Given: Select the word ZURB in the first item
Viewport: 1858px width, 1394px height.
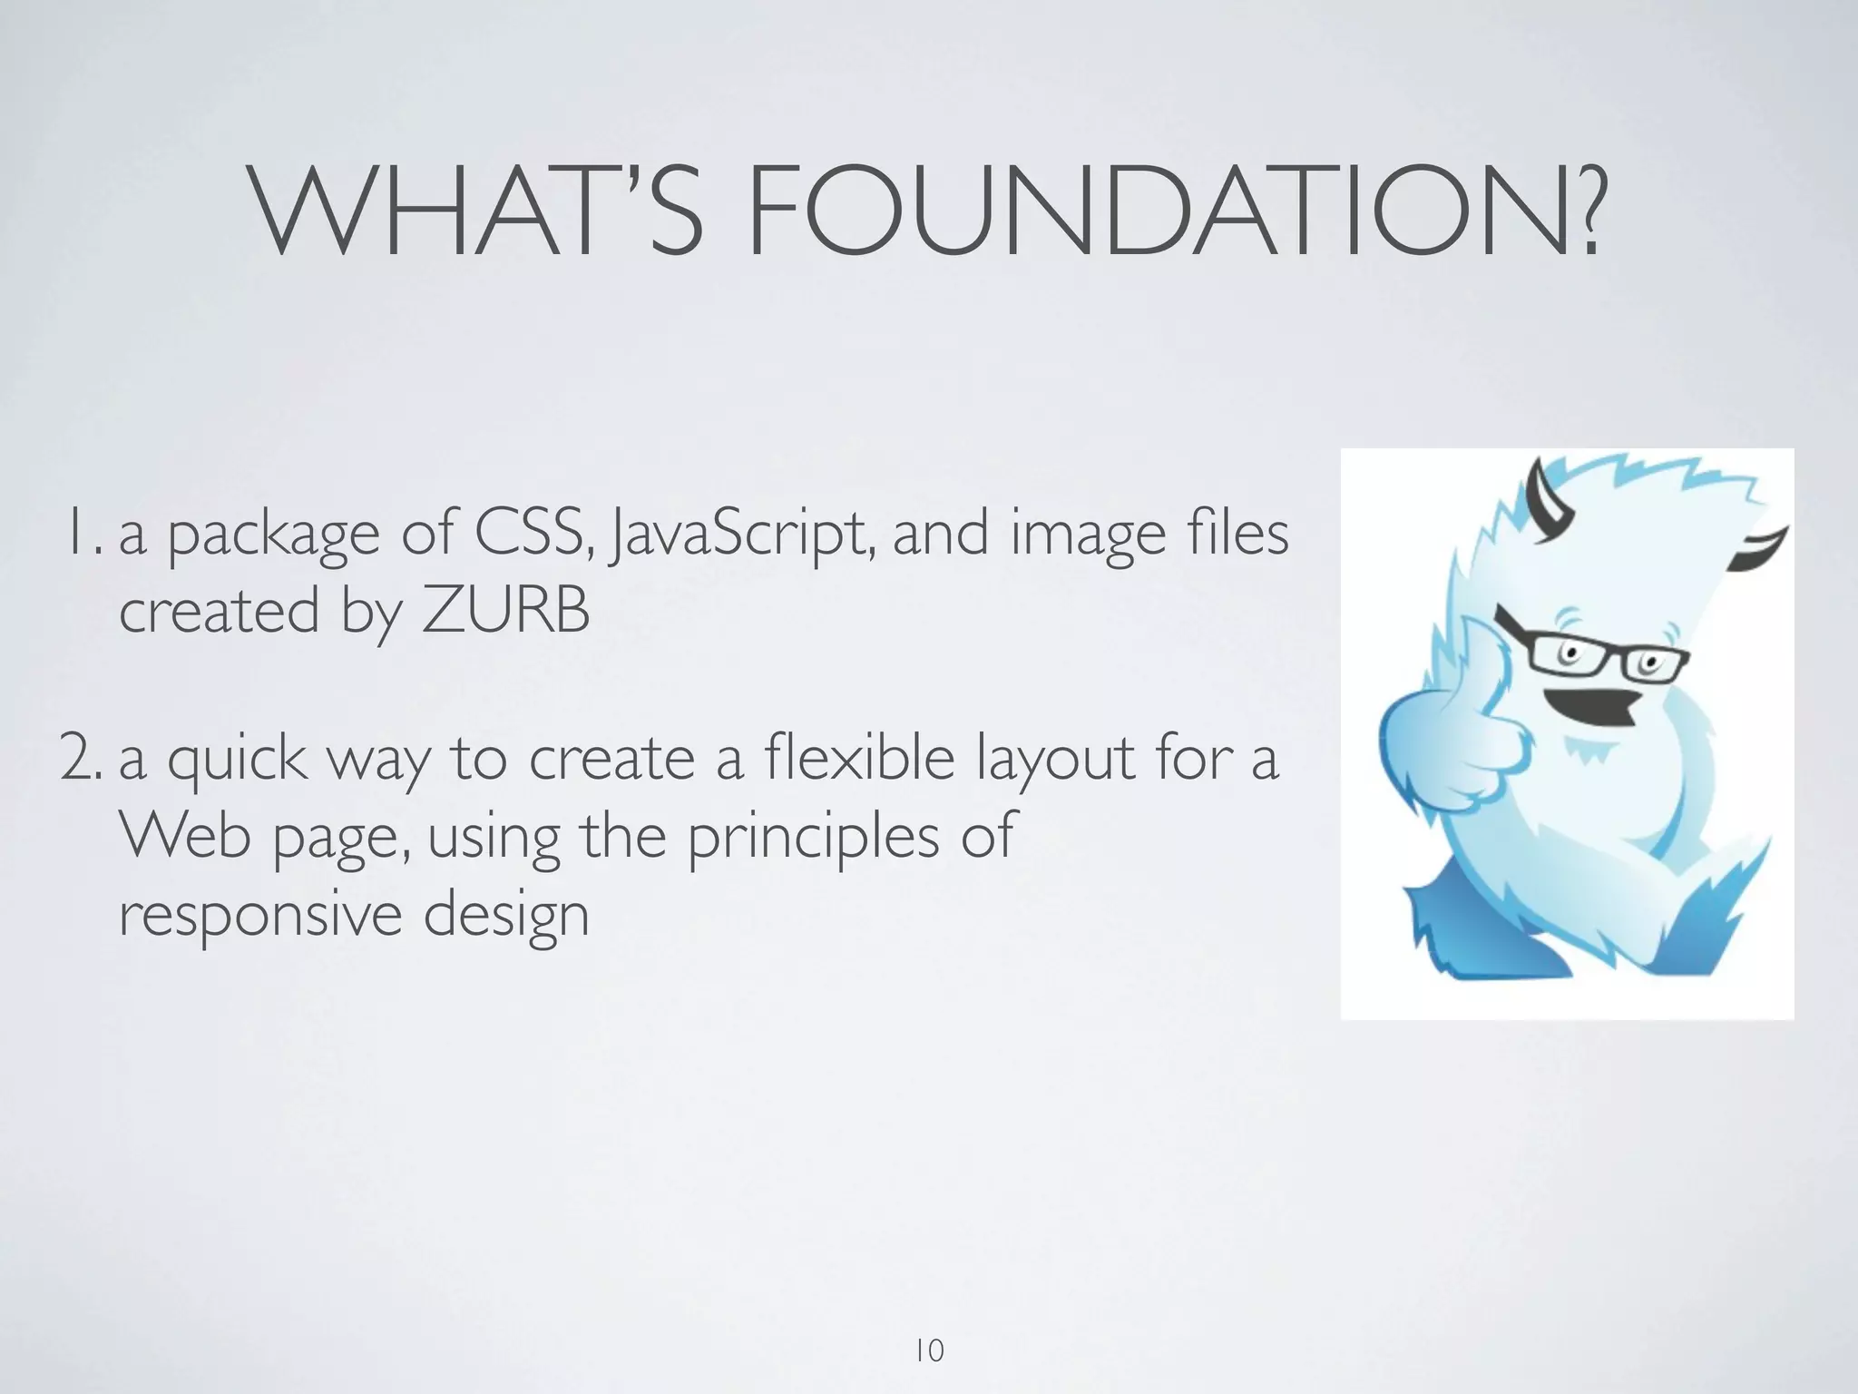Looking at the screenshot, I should (505, 611).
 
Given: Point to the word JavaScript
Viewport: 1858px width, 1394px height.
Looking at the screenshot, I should (742, 535).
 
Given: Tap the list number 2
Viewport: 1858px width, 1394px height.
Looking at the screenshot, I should (82, 759).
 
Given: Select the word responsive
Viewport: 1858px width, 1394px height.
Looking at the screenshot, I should (259, 915).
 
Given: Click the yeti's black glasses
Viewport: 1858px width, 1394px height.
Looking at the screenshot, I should (1597, 658).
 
